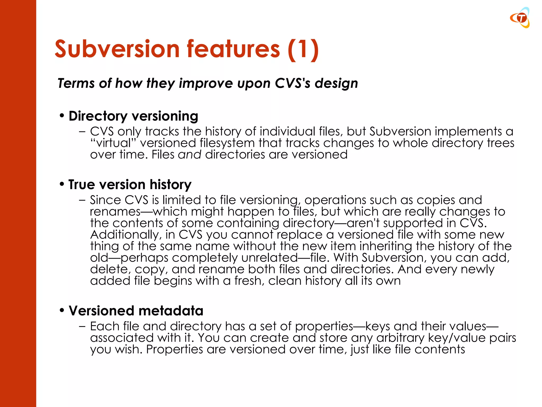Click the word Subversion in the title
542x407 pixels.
117,49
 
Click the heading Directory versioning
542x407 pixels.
133,116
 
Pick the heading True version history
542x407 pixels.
130,184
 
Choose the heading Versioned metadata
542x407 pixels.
136,311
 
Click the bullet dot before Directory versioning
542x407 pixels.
62,116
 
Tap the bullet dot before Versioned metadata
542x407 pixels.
62,311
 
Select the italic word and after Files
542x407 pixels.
189,154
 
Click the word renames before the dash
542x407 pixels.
115,212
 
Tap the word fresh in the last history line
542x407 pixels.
249,281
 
